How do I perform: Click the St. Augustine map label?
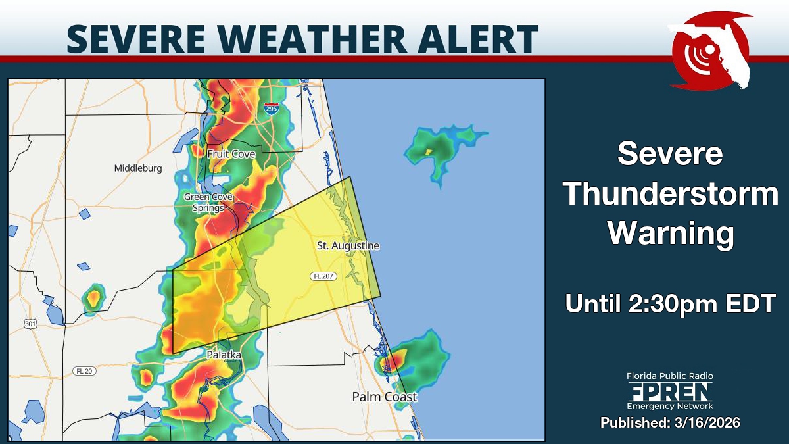click(x=348, y=246)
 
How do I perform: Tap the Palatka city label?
click(x=224, y=355)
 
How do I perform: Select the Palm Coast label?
click(x=384, y=397)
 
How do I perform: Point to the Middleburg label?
click(x=138, y=168)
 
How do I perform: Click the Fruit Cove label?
click(x=231, y=153)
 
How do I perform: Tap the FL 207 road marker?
click(x=323, y=276)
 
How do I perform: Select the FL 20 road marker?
click(x=85, y=371)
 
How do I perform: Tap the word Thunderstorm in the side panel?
click(x=671, y=195)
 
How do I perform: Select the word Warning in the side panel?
click(x=671, y=234)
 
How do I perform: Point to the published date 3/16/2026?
click(x=703, y=422)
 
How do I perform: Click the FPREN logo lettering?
click(x=669, y=392)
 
